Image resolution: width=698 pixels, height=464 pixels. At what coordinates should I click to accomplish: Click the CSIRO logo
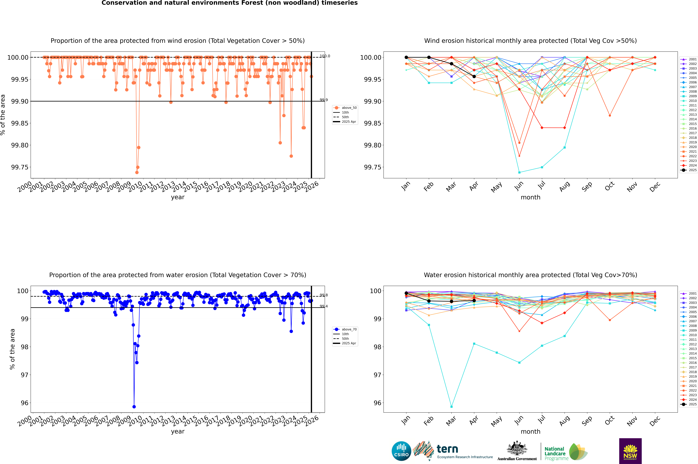pos(401,451)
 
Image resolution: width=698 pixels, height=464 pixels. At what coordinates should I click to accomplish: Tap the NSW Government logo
pos(630,451)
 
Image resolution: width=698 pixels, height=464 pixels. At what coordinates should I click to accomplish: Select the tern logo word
pos(447,449)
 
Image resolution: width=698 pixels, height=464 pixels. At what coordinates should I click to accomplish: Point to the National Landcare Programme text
pos(555,453)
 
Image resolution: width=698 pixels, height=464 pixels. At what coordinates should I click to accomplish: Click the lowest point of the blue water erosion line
pos(134,407)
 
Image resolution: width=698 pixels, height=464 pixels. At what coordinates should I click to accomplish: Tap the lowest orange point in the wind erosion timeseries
pos(137,172)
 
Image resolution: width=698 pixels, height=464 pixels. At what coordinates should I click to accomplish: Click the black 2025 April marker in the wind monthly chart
pos(474,76)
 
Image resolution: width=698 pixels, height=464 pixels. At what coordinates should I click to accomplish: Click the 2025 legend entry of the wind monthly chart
pos(689,170)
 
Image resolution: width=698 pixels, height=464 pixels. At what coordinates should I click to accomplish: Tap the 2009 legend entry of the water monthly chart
pos(689,330)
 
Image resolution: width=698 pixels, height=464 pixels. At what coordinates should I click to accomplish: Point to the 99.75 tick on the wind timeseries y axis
pos(20,167)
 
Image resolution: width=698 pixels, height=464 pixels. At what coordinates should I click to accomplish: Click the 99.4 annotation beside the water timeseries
pos(324,306)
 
